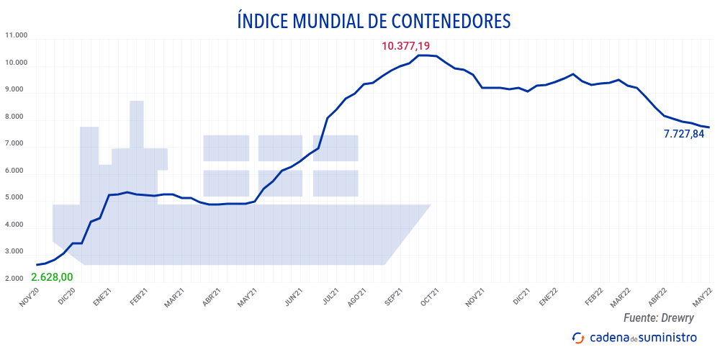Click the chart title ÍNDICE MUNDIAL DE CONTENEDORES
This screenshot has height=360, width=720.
click(374, 21)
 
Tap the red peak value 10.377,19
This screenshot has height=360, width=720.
click(410, 46)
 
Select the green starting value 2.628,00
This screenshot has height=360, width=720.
click(52, 277)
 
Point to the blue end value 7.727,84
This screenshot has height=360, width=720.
click(684, 133)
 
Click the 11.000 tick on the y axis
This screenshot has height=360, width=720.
click(16, 35)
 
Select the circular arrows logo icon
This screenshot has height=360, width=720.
click(577, 338)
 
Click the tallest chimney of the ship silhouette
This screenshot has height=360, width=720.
click(137, 122)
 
